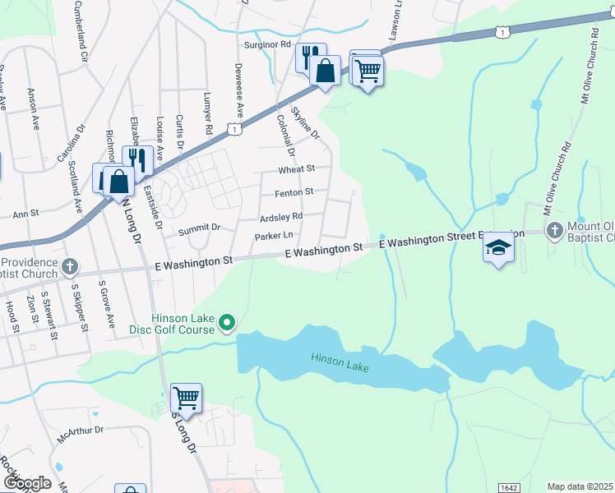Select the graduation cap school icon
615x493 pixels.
click(497, 247)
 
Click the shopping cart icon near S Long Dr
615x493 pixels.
click(186, 399)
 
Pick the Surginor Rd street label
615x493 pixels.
click(267, 44)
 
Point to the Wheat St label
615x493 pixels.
click(297, 168)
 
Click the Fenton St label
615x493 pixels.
click(294, 191)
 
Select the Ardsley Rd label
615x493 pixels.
click(281, 216)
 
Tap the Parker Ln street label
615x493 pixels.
click(274, 236)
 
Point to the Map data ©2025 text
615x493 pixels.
click(579, 486)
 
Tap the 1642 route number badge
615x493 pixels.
click(509, 487)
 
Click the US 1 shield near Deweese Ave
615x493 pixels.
click(236, 130)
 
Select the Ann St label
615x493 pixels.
click(25, 214)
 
